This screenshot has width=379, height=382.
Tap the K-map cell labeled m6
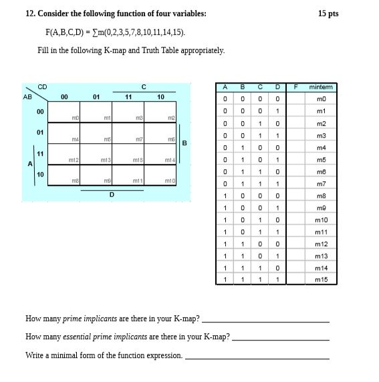[x=160, y=133]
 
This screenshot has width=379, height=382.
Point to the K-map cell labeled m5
[x=96, y=133]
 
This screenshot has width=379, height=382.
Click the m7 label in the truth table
[x=320, y=183]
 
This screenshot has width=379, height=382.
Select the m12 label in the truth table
[x=321, y=244]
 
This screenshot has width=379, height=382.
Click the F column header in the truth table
[x=294, y=87]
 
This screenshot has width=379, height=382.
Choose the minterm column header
[x=321, y=87]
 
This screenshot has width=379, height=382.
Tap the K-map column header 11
[x=128, y=97]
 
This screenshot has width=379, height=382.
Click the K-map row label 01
[x=40, y=132]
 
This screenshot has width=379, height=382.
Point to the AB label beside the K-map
[x=27, y=96]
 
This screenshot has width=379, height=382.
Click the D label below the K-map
[x=112, y=195]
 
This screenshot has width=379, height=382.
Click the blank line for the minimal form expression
[x=257, y=358]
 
